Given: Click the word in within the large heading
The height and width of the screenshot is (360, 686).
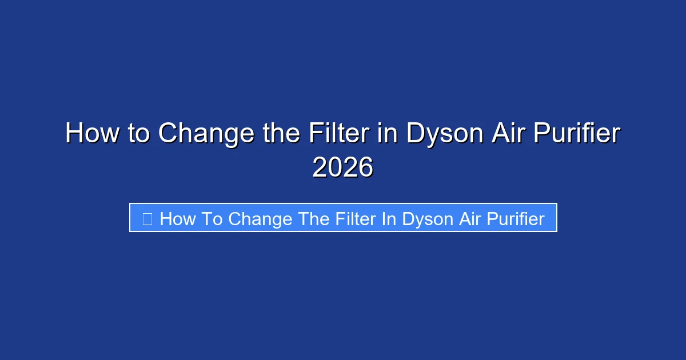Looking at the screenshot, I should (385, 134).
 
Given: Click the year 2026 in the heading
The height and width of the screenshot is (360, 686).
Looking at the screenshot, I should (343, 168).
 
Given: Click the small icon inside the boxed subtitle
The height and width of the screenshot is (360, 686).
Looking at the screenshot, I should (147, 218).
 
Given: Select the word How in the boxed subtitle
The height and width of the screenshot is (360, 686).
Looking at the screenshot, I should (177, 218).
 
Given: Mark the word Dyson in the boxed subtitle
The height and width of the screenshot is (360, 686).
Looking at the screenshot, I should (426, 218).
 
